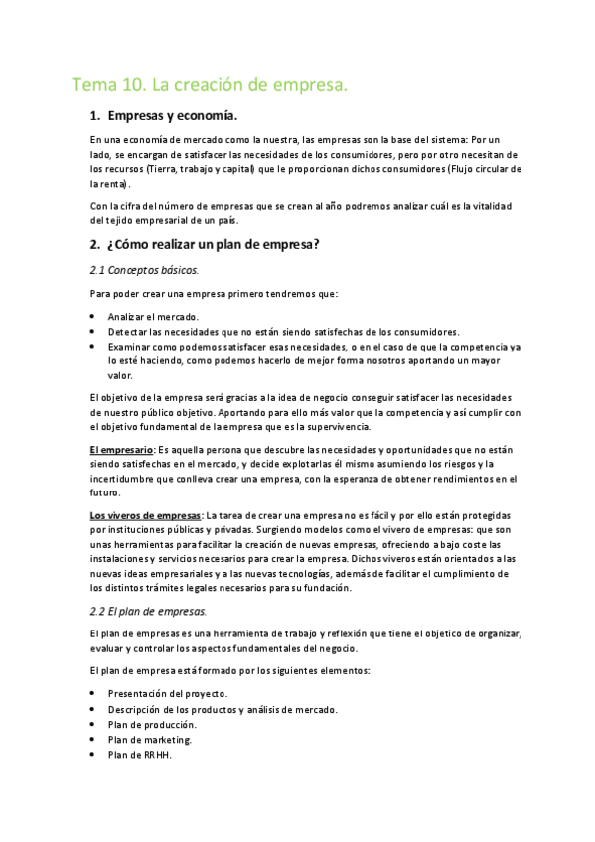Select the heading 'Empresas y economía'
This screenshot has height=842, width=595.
[171, 116]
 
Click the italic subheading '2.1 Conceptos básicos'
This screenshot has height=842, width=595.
[144, 269]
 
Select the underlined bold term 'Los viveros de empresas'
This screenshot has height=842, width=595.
[145, 515]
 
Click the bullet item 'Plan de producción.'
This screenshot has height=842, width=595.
[153, 724]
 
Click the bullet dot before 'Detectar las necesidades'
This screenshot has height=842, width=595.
[91, 331]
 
